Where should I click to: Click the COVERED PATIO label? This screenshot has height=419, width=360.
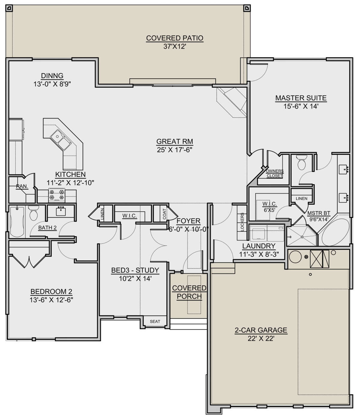175,38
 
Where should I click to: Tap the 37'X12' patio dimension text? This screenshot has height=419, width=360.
175,47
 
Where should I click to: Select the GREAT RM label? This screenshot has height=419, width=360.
175,141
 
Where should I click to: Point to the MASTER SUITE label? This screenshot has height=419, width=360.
301,98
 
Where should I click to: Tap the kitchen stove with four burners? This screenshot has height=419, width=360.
57,195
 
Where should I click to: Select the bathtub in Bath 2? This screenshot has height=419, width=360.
17,222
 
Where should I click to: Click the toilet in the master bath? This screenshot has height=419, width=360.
301,162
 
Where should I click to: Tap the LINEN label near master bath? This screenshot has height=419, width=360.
301,199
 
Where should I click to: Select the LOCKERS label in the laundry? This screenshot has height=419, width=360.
242,222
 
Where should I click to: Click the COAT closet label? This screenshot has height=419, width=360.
164,214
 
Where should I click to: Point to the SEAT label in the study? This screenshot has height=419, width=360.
155,321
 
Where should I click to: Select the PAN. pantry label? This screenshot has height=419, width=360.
22,186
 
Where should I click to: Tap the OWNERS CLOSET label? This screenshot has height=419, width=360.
275,173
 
